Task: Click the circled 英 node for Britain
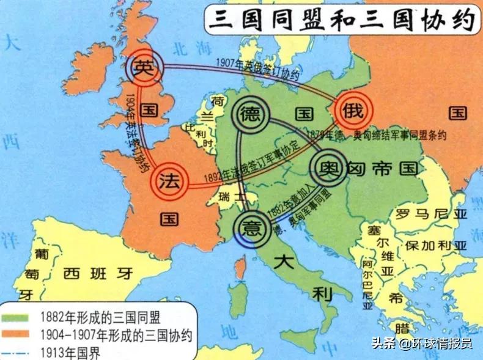(145, 67)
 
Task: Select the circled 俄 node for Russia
(353, 111)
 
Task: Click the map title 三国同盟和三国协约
(341, 20)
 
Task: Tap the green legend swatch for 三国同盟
(18, 317)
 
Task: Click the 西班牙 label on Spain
(98, 273)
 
